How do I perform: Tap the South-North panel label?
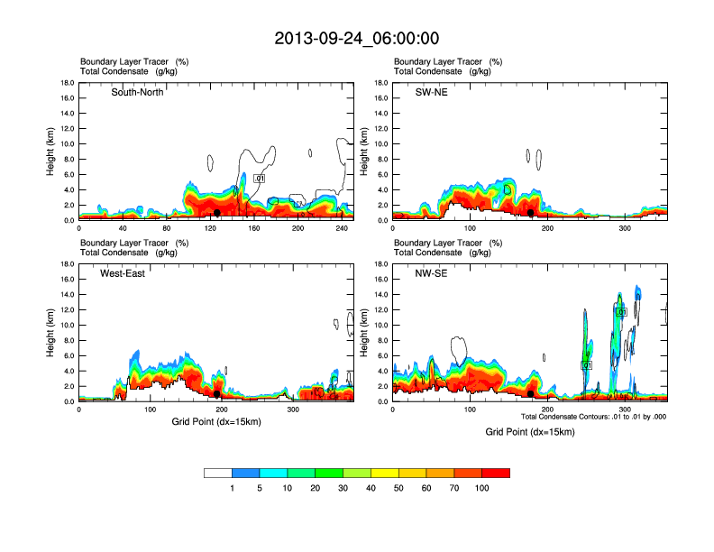137,92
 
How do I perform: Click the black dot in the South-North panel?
217,213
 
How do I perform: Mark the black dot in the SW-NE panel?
531,213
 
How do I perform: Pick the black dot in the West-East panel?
217,394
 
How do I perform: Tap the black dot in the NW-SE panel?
531,394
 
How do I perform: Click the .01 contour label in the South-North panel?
260,179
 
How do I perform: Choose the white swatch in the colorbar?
218,473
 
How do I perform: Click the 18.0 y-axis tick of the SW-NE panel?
382,83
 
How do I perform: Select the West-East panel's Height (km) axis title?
51,333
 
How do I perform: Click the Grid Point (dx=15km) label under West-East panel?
215,421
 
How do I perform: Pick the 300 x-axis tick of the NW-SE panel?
626,410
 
